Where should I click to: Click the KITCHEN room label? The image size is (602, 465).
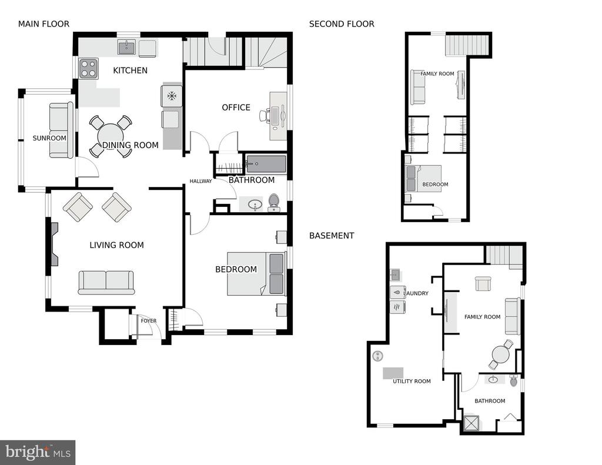coord(130,71)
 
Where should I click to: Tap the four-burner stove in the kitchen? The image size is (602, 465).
coord(89,68)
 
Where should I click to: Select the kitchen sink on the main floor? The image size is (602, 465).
coord(128,48)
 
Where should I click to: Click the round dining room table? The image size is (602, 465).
coord(111,136)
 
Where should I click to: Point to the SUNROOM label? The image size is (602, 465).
coord(49,138)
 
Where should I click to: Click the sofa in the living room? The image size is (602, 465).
coord(106,283)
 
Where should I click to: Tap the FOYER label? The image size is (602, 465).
coord(149,320)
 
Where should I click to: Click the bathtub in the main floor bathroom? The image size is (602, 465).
coord(266,165)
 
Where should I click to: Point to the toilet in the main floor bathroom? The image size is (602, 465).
coord(274,203)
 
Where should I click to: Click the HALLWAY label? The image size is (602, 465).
coord(201,181)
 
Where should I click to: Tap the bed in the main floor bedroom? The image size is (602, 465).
coord(256,273)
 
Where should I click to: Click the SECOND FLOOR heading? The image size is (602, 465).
coord(342,24)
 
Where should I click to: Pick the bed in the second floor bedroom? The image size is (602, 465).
coord(423,178)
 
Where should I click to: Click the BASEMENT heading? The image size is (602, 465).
coord(332,235)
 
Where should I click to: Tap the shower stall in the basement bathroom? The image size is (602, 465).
coord(471,423)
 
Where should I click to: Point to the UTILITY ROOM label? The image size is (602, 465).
coord(412,382)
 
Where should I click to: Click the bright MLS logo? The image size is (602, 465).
coord(38,452)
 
